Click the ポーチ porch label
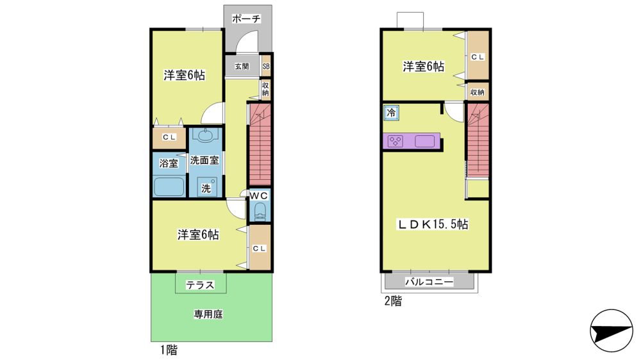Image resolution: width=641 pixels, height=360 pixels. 246,19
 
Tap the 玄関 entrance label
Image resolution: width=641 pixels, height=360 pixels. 242,66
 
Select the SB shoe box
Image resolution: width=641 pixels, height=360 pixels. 266,66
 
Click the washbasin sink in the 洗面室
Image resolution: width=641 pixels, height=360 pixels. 204,135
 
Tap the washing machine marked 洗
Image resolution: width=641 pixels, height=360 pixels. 207,187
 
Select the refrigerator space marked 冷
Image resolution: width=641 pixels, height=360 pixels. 391,112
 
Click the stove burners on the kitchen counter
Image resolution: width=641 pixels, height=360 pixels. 395,142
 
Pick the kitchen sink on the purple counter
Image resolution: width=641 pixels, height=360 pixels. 425,142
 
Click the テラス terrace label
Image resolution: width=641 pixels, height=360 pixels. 200,285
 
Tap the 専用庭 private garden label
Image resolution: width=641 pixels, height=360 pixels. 208,315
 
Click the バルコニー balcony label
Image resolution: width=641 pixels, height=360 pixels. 429,282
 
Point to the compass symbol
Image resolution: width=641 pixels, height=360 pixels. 611,330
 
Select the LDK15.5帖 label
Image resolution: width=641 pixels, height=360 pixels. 433,224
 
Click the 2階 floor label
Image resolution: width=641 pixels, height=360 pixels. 394,301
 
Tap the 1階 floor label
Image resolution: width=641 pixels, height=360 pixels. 169,350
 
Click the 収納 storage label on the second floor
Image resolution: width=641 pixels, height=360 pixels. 478,92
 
